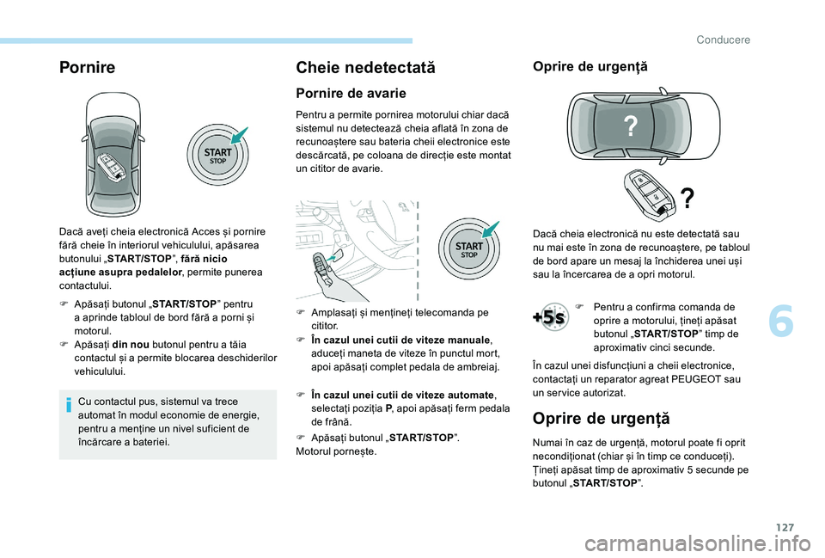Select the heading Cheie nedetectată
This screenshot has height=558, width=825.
click(x=364, y=66)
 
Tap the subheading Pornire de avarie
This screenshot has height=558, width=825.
click(x=351, y=93)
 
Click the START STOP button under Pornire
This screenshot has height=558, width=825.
click(x=217, y=156)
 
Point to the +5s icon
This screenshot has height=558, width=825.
click(x=548, y=316)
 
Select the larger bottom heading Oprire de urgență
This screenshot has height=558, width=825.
click(x=600, y=419)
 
